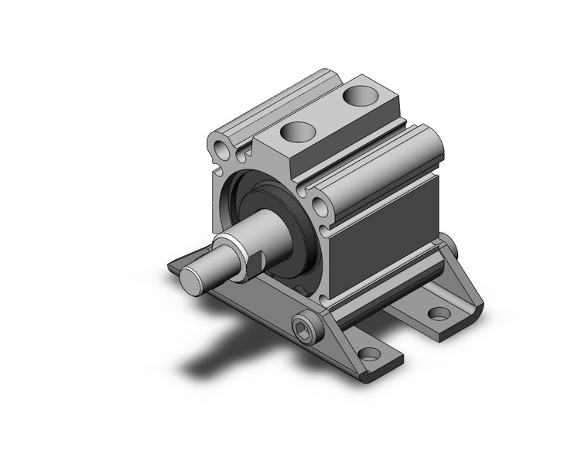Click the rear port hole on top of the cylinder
pos(357,96)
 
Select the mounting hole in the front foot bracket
pos(369,353)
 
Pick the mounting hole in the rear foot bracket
pos(439,313)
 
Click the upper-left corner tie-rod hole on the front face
pos(224,146)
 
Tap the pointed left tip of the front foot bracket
pos(171,268)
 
